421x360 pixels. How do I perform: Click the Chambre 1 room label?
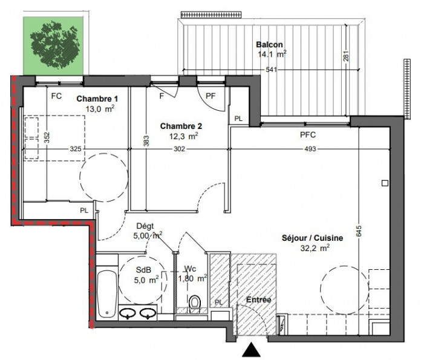coord(97,99)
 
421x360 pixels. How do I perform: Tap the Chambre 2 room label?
coord(181,126)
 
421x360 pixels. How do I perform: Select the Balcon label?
coord(269,45)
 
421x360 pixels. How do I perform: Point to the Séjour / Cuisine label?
coord(312,238)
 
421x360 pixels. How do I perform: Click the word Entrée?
coord(258,299)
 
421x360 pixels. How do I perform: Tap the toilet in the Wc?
coord(195,304)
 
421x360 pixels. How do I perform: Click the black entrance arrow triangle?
coord(251,349)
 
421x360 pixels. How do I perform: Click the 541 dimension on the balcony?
coord(271,70)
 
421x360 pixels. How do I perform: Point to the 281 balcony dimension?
coord(346,56)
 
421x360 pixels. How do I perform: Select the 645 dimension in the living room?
coord(359,231)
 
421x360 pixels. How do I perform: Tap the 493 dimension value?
coord(310,149)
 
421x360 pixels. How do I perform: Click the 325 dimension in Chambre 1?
coord(76,149)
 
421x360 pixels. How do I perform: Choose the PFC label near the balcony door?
coord(308,135)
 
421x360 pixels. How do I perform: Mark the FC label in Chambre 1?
coord(56,96)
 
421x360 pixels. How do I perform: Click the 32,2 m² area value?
coord(315,248)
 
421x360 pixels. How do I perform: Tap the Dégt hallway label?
coord(145,226)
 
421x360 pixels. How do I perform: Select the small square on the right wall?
coord(385,183)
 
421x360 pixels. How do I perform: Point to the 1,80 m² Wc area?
coord(192,278)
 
